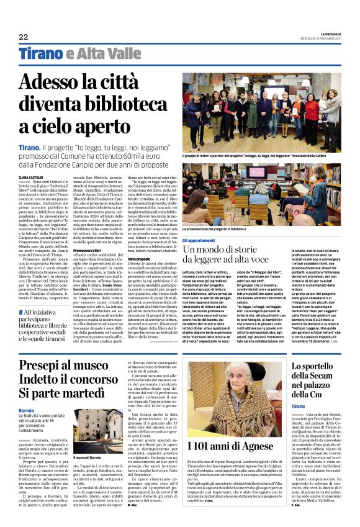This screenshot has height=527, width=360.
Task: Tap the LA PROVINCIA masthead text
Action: tap(323, 34)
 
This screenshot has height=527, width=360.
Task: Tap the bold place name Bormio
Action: tap(27, 410)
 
